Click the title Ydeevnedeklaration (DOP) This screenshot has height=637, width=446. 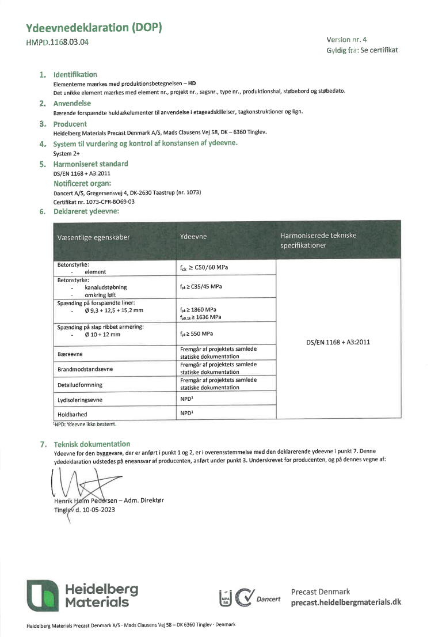(x=94, y=28)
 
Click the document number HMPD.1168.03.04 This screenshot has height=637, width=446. (x=58, y=42)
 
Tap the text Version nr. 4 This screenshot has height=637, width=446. (x=346, y=40)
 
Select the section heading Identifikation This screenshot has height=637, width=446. (x=75, y=75)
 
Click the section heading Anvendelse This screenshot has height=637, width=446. (x=72, y=104)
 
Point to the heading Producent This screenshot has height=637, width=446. (x=70, y=124)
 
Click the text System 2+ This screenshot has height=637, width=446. (x=66, y=154)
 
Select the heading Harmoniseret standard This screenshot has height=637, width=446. (x=90, y=164)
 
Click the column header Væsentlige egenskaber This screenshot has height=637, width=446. (x=93, y=237)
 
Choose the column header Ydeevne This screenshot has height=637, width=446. (x=193, y=237)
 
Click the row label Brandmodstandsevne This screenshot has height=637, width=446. (x=85, y=369)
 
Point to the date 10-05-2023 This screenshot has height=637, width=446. (x=96, y=509)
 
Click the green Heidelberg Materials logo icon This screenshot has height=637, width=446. (x=42, y=596)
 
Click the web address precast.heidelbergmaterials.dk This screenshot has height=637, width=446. (x=345, y=602)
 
